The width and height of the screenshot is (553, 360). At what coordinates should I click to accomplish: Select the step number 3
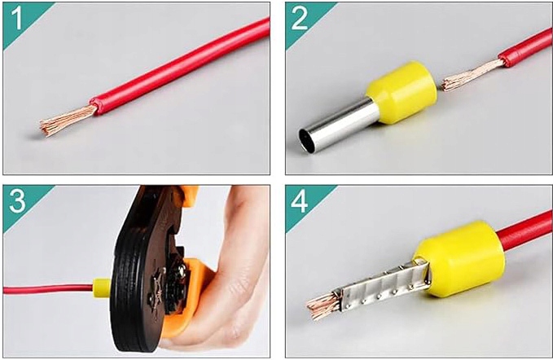[x=17, y=200]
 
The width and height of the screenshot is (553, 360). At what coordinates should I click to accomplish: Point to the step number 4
[x=300, y=201]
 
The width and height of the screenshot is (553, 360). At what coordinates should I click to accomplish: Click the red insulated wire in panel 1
[x=180, y=66]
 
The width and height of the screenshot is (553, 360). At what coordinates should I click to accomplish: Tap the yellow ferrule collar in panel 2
[x=402, y=92]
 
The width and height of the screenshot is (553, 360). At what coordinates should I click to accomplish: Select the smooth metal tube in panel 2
[x=337, y=126]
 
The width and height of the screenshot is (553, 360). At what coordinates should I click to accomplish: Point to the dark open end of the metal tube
[x=305, y=142]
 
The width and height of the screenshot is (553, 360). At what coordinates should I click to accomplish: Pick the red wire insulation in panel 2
[x=525, y=48]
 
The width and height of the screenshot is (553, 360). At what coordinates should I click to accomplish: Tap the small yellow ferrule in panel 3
[x=102, y=288]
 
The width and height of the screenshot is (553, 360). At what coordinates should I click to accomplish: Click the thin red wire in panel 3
[x=48, y=289]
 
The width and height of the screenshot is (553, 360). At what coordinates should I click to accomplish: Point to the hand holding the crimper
[x=226, y=271]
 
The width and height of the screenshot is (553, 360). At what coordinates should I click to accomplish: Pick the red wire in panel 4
[x=524, y=229]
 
